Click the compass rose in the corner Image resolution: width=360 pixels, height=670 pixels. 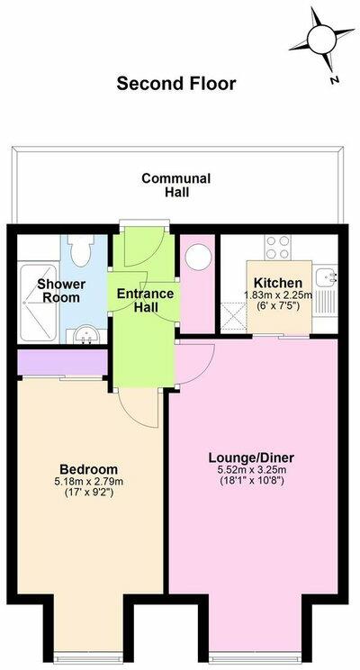click(321, 39)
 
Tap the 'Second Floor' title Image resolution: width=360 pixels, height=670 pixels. click(176, 84)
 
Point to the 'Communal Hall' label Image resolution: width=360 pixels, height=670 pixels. click(176, 186)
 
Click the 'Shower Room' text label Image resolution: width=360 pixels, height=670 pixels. click(61, 292)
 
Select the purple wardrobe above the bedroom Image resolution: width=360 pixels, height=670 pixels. click(62, 362)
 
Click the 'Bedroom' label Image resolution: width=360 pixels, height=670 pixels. click(88, 469)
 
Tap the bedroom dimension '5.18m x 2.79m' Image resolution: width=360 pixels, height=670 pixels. click(88, 483)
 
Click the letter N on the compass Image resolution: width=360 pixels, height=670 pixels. click(333, 79)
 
